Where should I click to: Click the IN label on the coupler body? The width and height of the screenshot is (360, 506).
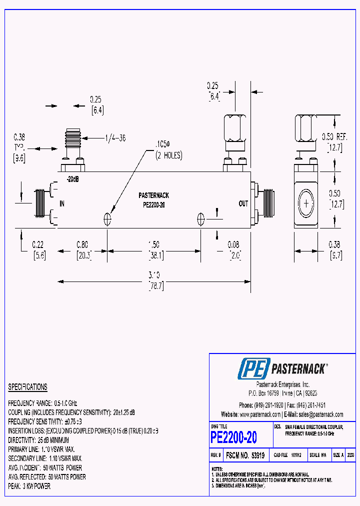pyautogui.click(x=62, y=203)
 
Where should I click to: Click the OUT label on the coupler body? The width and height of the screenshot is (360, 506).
pyautogui.click(x=243, y=203)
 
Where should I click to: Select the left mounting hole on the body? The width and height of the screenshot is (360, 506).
pyautogui.click(x=107, y=218)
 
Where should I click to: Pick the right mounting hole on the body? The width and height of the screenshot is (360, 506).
pyautogui.click(x=201, y=218)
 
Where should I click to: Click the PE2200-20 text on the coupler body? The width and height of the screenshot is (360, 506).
pyautogui.click(x=155, y=204)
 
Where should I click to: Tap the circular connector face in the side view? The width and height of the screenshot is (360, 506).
pyautogui.click(x=305, y=203)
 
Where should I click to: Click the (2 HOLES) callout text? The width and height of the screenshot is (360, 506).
pyautogui.click(x=168, y=155)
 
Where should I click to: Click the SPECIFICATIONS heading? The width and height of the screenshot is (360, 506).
pyautogui.click(x=27, y=387)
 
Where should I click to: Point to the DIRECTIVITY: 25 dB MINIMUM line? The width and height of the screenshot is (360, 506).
pyautogui.click(x=45, y=440)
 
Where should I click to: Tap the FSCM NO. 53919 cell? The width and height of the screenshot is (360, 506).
pyautogui.click(x=245, y=455)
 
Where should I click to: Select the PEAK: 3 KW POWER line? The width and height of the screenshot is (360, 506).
pyautogui.click(x=29, y=486)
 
